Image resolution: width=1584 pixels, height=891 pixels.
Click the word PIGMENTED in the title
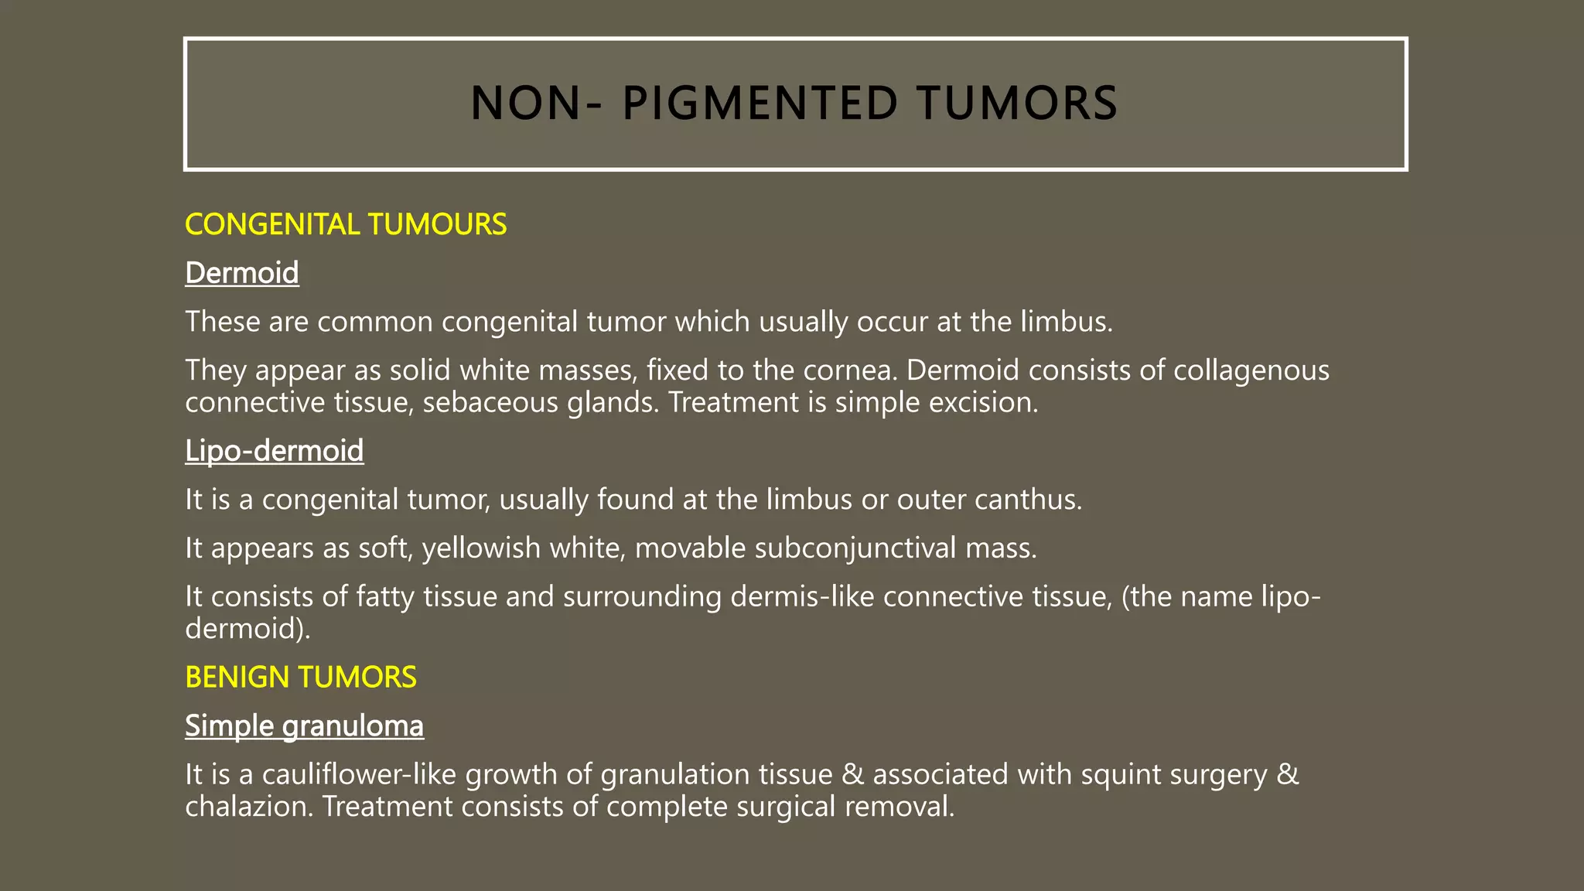click(760, 104)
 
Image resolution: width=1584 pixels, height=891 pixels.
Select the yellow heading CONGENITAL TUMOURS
click(346, 224)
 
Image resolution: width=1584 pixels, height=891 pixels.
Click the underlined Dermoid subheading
click(242, 273)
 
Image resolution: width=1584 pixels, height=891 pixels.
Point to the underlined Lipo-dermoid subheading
click(274, 451)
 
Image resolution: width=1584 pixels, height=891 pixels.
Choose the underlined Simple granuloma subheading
click(304, 726)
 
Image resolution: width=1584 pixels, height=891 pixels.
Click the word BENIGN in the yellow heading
click(237, 678)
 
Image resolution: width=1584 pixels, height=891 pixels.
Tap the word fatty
click(385, 597)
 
